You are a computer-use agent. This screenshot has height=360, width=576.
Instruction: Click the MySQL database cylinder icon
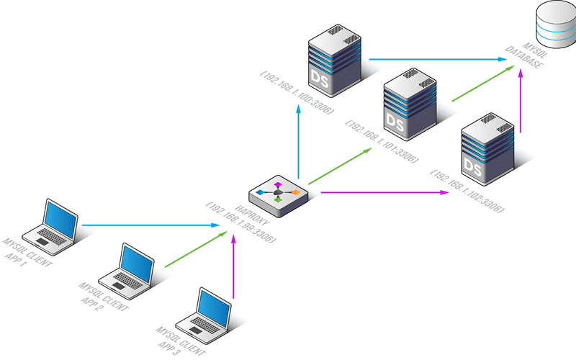pyautogui.click(x=556, y=24)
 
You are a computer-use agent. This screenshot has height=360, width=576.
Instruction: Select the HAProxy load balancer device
pyautogui.click(x=279, y=196)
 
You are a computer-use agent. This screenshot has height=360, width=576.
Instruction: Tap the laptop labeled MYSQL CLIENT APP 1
pyautogui.click(x=50, y=227)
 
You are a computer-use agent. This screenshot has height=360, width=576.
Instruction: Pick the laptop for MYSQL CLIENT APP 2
pyautogui.click(x=127, y=271)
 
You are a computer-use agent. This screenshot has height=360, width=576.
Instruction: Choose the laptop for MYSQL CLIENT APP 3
pyautogui.click(x=203, y=315)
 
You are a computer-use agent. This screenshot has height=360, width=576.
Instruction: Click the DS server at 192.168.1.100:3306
pyautogui.click(x=335, y=60)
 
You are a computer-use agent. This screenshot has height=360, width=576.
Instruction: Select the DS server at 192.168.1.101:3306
pyautogui.click(x=410, y=104)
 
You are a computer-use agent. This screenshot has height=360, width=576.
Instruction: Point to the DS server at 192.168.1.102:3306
pyautogui.click(x=488, y=149)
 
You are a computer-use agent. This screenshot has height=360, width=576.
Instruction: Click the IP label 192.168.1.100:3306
pyautogui.click(x=297, y=92)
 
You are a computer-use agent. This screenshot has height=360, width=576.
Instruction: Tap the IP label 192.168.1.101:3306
pyautogui.click(x=382, y=141)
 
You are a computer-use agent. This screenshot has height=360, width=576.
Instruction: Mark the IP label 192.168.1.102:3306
pyautogui.click(x=467, y=191)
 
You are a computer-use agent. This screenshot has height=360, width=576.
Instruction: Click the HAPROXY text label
pyautogui.click(x=252, y=215)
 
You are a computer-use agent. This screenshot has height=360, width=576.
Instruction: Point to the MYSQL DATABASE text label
pyautogui.click(x=527, y=55)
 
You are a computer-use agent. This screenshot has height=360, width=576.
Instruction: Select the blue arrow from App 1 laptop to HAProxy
pyautogui.click(x=151, y=225)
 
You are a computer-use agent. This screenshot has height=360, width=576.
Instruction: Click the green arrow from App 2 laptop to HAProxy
pyautogui.click(x=196, y=249)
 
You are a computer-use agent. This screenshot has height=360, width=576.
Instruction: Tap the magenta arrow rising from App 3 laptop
pyautogui.click(x=233, y=266)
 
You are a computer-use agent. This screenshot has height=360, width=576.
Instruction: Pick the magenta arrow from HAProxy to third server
pyautogui.click(x=384, y=192)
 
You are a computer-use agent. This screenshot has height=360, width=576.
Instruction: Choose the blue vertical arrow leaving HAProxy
pyautogui.click(x=298, y=142)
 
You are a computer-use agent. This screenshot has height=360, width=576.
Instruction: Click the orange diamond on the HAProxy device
pyautogui.click(x=295, y=192)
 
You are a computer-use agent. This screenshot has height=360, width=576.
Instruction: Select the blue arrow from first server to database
pyautogui.click(x=438, y=59)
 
